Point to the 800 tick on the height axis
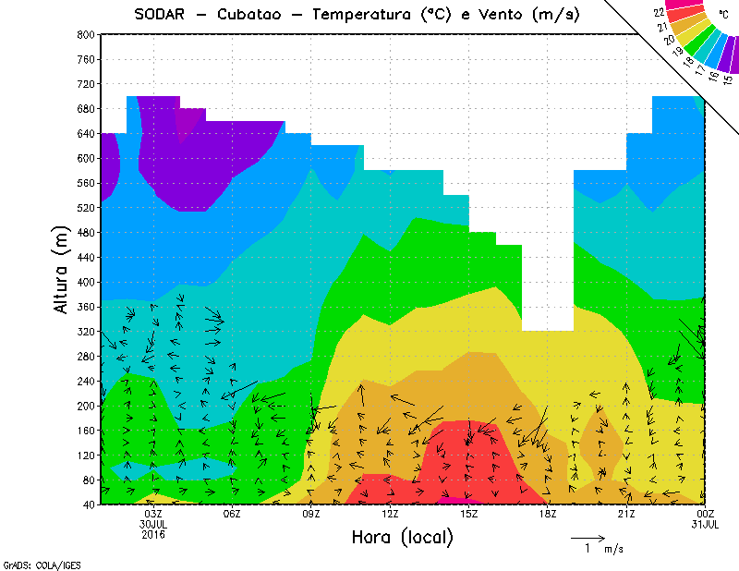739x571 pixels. [x=86, y=34]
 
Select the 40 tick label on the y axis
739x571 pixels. [x=89, y=504]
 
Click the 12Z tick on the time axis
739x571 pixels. [x=390, y=514]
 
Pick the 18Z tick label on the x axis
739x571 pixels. [x=548, y=514]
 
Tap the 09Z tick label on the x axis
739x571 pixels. [x=311, y=514]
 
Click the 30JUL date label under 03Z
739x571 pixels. [x=152, y=524]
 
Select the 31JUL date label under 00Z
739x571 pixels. [x=705, y=524]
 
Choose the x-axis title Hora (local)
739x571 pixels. [x=402, y=537]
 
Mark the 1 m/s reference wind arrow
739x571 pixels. [x=587, y=537]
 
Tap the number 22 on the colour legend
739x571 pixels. [x=659, y=13]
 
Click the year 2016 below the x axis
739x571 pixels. [x=152, y=534]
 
